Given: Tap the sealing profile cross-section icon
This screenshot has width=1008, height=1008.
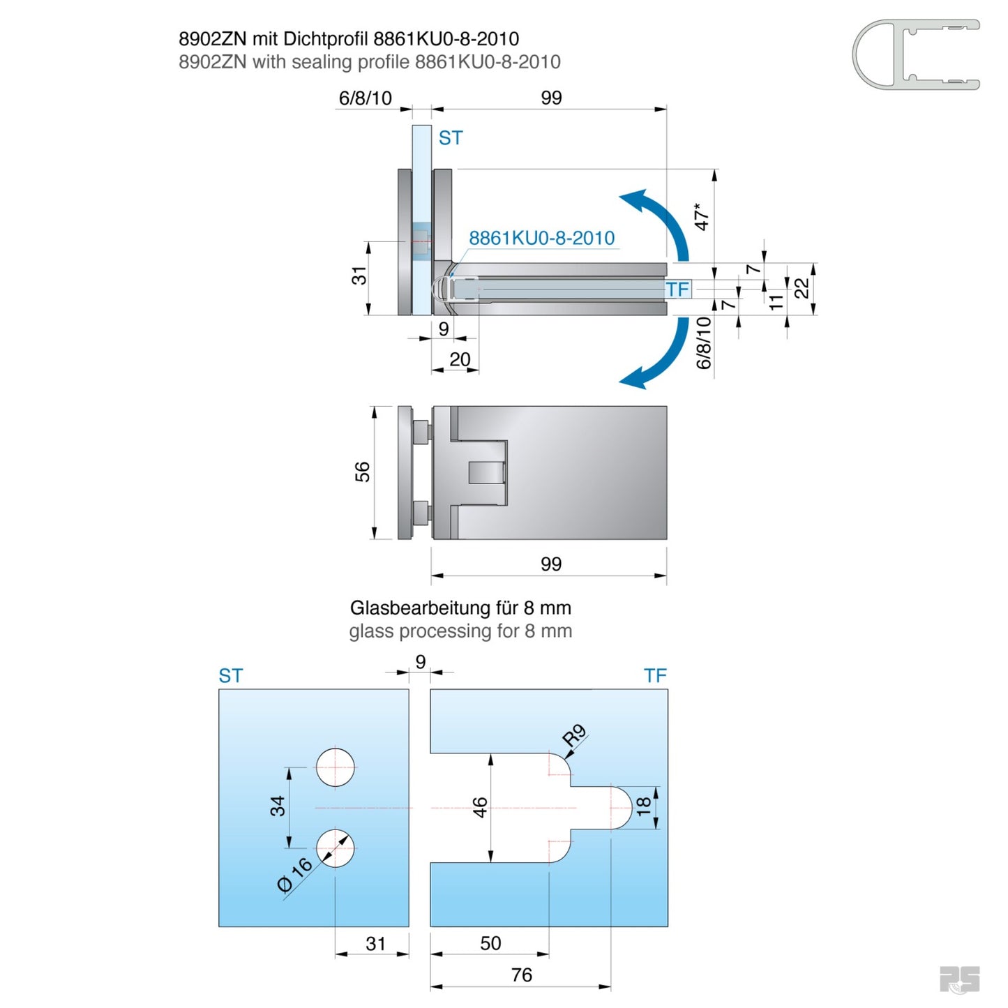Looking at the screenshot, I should point(916,54).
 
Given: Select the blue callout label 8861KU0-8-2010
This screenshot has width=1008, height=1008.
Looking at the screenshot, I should point(541,239).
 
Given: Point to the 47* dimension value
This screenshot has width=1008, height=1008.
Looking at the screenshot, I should point(701,216).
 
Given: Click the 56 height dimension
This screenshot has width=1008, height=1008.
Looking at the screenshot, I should point(362,472).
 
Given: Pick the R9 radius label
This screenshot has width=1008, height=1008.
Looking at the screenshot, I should point(574,735).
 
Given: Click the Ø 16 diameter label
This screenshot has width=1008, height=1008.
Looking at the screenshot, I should point(294,875).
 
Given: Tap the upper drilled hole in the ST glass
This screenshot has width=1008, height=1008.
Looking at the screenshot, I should point(336,767).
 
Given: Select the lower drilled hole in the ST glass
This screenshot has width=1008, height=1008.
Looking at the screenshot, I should point(336,848).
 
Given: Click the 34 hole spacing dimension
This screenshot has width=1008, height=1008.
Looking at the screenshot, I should point(278,806).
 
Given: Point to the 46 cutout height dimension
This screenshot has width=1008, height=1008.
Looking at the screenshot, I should point(480,808).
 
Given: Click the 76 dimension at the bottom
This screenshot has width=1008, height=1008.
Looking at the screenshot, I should point(521,975).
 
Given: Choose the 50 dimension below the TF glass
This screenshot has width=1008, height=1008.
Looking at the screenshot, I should point(490,943).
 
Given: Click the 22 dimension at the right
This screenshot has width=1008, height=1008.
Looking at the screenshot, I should point(802,288).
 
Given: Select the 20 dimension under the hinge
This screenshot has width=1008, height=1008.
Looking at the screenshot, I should point(460,359).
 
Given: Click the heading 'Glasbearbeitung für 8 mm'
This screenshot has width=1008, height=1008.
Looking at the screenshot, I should point(460,608).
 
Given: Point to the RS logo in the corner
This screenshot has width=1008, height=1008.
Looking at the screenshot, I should point(959,979).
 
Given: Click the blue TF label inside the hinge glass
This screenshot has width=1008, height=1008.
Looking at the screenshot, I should point(677,289).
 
